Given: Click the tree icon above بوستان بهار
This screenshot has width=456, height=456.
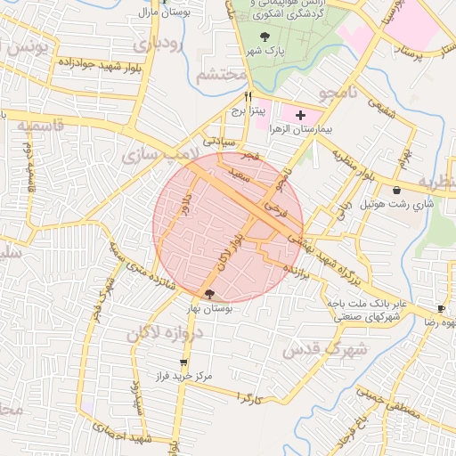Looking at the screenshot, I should (x=209, y=294).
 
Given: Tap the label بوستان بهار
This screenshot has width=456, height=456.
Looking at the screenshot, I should (x=208, y=307).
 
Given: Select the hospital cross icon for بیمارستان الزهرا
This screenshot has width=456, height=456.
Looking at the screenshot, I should (x=300, y=115).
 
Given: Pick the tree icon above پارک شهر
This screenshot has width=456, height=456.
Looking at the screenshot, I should (x=264, y=37).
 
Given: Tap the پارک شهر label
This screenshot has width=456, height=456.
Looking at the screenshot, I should (x=264, y=51).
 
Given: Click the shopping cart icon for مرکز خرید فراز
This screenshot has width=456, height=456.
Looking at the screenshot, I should (x=183, y=362).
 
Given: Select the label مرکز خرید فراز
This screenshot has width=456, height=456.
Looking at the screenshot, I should (x=183, y=377).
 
